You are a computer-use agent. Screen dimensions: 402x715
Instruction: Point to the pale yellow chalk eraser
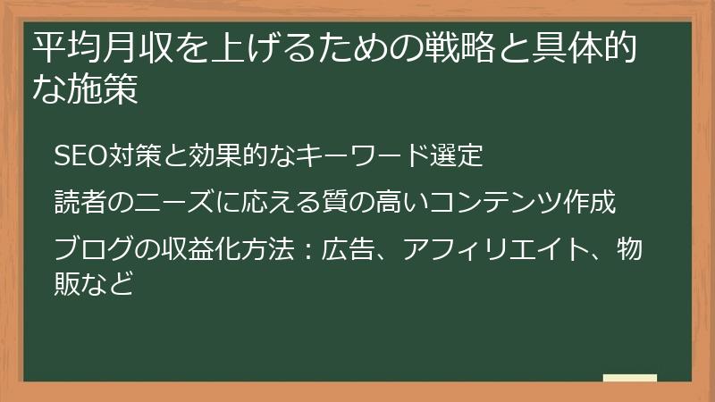point(630,378)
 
